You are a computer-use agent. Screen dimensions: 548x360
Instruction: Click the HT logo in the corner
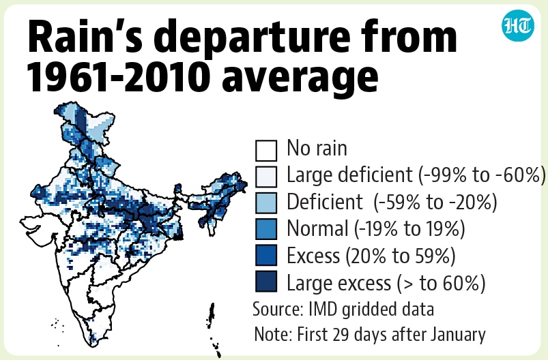518,25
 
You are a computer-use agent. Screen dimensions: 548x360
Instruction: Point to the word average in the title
300,80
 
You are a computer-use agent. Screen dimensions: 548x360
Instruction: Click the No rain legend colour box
266,150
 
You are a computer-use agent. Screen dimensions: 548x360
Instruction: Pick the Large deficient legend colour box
266,177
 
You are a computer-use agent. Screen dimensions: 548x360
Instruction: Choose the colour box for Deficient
266,202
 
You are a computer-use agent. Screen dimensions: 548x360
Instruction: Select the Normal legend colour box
266,228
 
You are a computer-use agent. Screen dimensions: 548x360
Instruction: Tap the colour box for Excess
266,255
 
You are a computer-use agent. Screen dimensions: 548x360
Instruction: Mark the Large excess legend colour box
266,281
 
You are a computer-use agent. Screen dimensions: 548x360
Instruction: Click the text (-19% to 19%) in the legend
409,229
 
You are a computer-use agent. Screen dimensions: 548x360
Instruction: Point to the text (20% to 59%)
401,256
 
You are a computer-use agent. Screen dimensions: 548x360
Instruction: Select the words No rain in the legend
317,148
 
